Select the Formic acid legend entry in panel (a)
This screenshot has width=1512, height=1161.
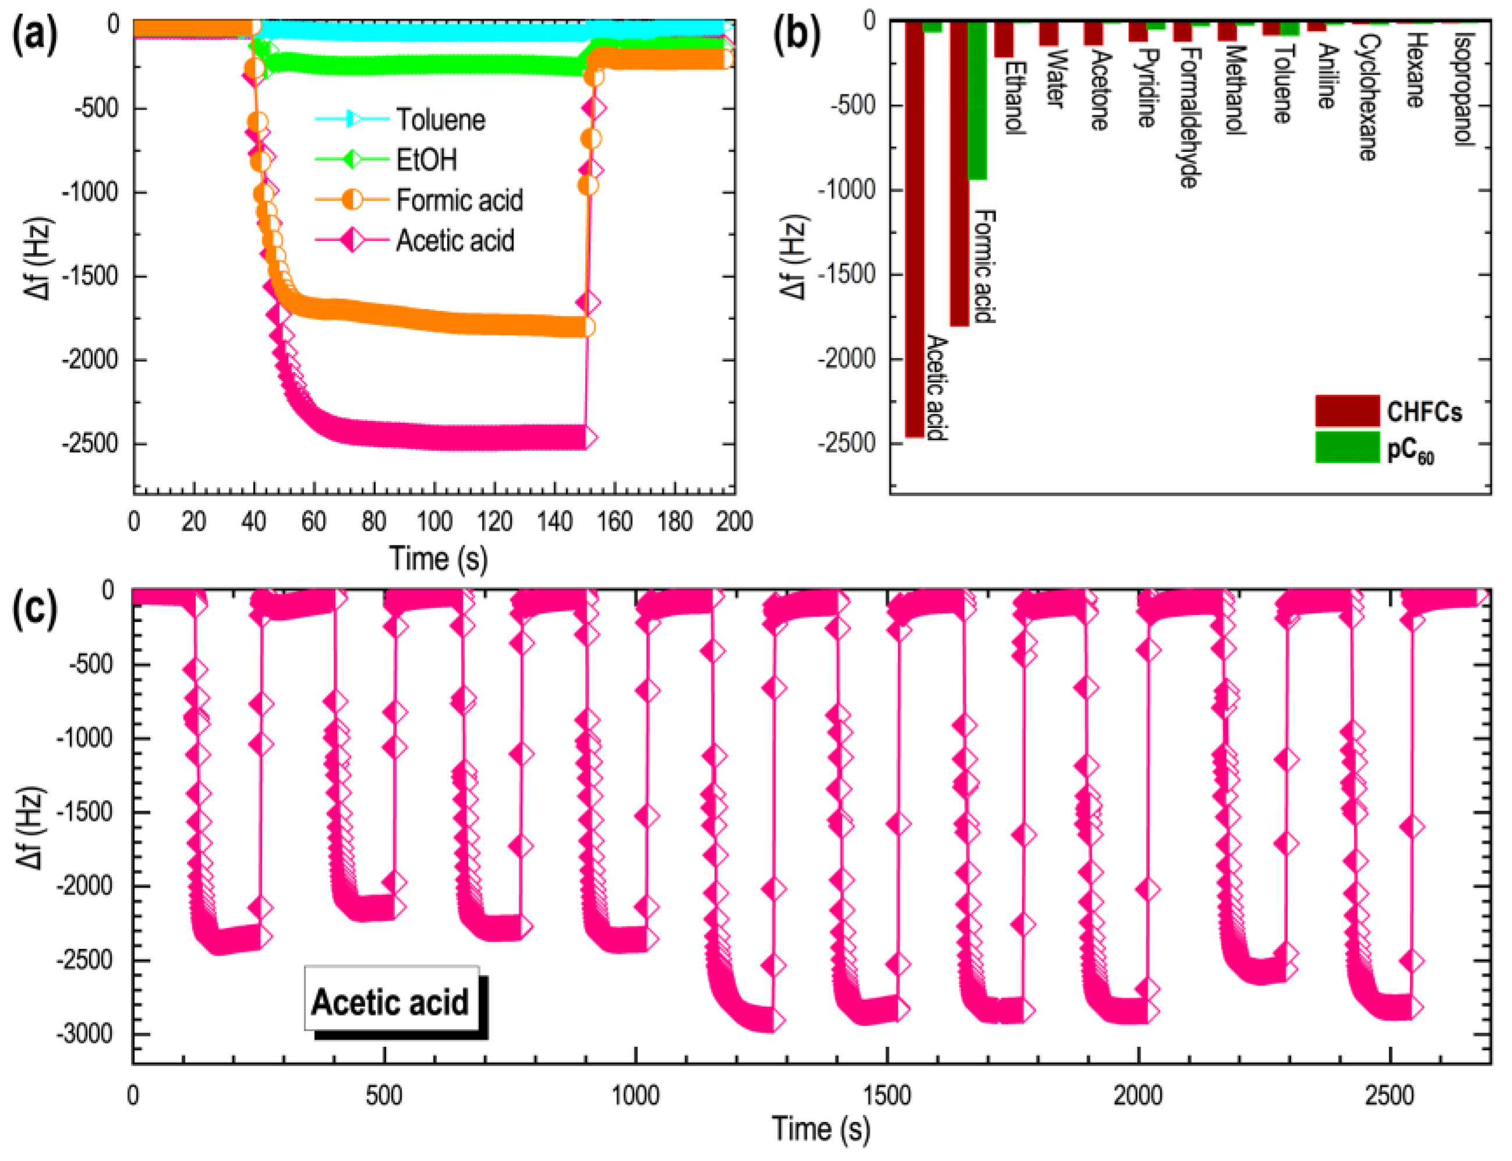[459, 200]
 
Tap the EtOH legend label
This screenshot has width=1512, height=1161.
[426, 160]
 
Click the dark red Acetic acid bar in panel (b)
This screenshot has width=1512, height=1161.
[914, 228]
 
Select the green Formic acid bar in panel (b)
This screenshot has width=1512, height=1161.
[977, 100]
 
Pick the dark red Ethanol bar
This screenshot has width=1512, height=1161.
[1003, 40]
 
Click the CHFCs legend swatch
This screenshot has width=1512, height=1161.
[1347, 411]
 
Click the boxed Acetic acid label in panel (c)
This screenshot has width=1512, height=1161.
[391, 1001]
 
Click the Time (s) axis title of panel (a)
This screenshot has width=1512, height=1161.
[438, 558]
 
